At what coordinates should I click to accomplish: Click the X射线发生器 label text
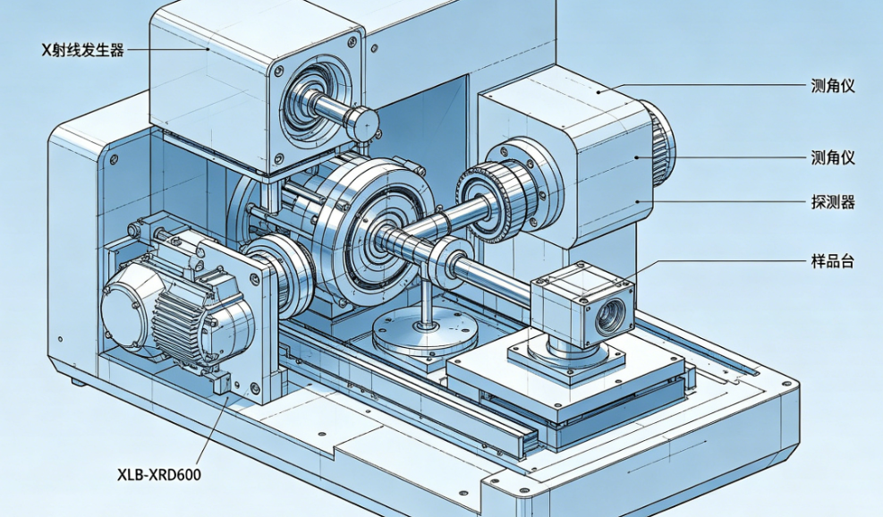[83, 50]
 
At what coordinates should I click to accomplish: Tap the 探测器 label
[833, 201]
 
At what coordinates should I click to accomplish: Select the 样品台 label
[833, 261]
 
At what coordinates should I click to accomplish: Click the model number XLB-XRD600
[159, 475]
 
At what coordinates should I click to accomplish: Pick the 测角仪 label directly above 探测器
[833, 157]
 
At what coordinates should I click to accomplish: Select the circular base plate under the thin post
[425, 335]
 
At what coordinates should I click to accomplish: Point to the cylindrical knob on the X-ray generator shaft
[361, 123]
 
